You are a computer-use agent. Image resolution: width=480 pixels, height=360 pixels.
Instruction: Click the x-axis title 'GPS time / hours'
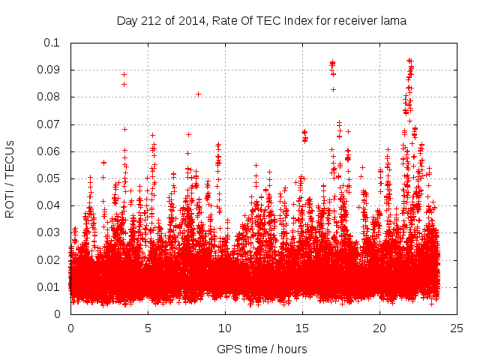point(262,349)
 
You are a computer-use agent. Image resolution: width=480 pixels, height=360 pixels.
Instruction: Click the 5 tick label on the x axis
point(148,328)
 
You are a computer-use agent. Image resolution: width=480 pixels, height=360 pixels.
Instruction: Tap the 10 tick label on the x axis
point(226,328)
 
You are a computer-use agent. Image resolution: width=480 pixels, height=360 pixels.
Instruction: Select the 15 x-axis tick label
point(303,328)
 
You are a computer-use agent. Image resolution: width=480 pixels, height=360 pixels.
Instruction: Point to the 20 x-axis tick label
point(380,328)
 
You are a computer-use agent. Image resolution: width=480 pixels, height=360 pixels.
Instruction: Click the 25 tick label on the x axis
point(457,328)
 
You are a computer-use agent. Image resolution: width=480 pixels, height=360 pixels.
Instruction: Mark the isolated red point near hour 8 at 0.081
point(198,94)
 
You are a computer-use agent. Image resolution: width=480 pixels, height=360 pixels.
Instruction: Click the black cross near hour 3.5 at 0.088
point(124,74)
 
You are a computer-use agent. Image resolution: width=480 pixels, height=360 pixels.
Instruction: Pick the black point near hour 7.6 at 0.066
point(188,134)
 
